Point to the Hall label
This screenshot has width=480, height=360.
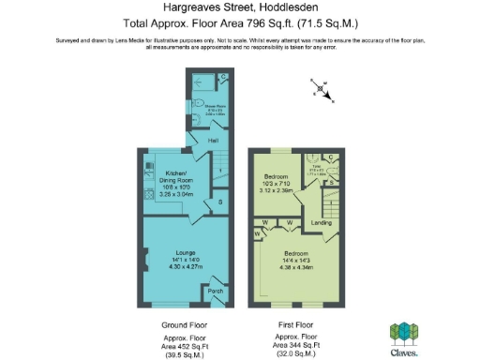(213, 141)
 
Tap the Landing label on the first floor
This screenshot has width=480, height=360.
(321, 223)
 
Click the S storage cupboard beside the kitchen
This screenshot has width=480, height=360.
(219, 202)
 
